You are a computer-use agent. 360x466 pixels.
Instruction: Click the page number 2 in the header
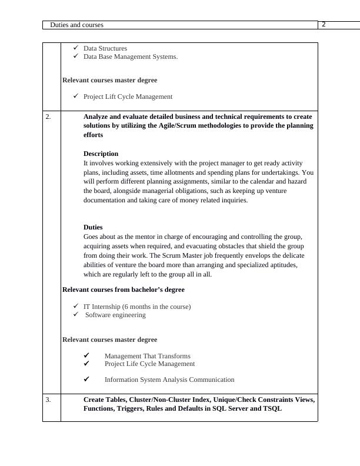pyautogui.click(x=324, y=24)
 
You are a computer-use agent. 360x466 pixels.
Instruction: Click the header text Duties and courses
pyautogui.click(x=76, y=25)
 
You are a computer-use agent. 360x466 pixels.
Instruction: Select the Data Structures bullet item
pyautogui.click(x=105, y=48)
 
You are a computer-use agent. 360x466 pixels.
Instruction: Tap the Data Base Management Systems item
pyautogui.click(x=130, y=56)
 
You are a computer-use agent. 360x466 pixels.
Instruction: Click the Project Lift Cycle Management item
pyautogui.click(x=128, y=96)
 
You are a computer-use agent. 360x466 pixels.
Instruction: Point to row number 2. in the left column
pyautogui.click(x=48, y=116)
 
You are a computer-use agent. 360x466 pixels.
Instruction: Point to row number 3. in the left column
pyautogui.click(x=48, y=400)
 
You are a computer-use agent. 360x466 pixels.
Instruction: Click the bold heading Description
pyautogui.click(x=101, y=154)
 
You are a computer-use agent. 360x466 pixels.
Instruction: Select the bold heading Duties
pyautogui.click(x=93, y=227)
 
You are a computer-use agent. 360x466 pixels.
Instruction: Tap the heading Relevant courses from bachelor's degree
pyautogui.click(x=123, y=289)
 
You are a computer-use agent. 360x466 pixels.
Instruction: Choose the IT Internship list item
pyautogui.click(x=137, y=307)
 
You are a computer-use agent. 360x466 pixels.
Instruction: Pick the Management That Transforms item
pyautogui.click(x=147, y=356)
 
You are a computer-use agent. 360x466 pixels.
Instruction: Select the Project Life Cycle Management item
pyautogui.click(x=149, y=364)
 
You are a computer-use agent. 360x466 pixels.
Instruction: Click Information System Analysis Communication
pyautogui.click(x=169, y=380)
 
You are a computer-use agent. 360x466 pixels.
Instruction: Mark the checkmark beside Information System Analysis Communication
pyautogui.click(x=86, y=379)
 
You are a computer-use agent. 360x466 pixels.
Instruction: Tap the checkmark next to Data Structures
pyautogui.click(x=75, y=48)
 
